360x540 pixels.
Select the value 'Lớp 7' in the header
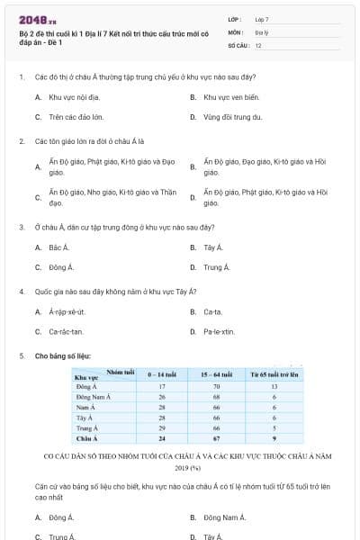(263, 19)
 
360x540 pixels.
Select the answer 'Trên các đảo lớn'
(76, 117)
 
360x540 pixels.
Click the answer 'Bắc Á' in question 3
(59, 247)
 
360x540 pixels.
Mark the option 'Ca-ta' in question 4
(213, 311)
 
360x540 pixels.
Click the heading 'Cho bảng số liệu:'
(63, 355)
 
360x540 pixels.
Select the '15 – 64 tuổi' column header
(216, 373)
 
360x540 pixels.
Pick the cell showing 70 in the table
(216, 386)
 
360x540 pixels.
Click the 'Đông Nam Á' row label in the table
(94, 396)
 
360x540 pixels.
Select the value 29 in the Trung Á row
(162, 428)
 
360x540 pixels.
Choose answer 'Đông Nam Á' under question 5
(225, 517)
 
